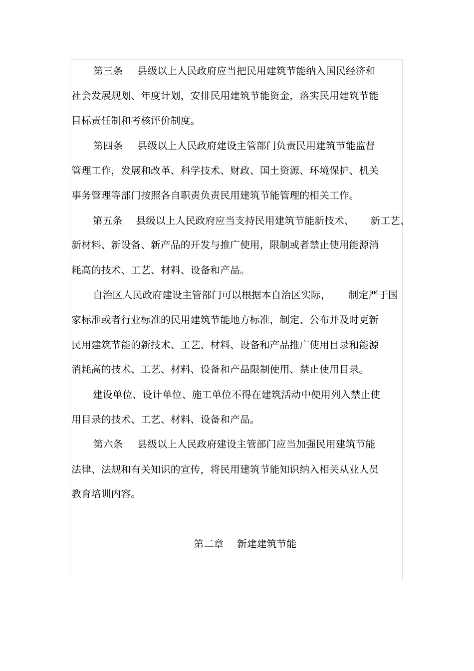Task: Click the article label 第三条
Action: pos(108,71)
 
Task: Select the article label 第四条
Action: pos(108,146)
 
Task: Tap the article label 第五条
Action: pos(108,221)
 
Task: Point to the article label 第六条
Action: pos(108,444)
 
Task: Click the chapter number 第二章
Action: pos(209,543)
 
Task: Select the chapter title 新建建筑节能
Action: pos(266,543)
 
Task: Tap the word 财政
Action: pos(240,171)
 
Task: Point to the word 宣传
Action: pos(191,469)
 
